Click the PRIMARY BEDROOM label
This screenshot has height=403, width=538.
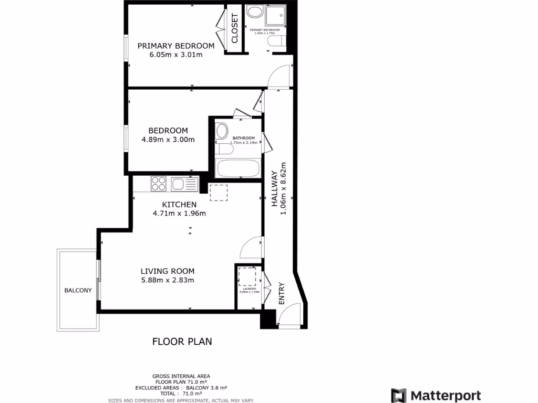(175, 46)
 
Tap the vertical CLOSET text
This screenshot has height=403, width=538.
(234, 28)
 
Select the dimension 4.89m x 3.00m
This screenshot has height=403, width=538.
(168, 140)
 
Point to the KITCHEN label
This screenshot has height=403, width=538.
(179, 205)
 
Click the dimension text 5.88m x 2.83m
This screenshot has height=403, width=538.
(168, 280)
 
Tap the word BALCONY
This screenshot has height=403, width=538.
(78, 291)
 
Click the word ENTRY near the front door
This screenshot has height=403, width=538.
(282, 294)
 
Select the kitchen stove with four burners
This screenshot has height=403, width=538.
(159, 184)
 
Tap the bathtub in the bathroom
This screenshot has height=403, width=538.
(237, 169)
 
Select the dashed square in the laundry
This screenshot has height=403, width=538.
(246, 276)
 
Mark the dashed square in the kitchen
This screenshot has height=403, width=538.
(219, 193)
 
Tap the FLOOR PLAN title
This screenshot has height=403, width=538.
(182, 342)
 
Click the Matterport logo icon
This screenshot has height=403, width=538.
(399, 395)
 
